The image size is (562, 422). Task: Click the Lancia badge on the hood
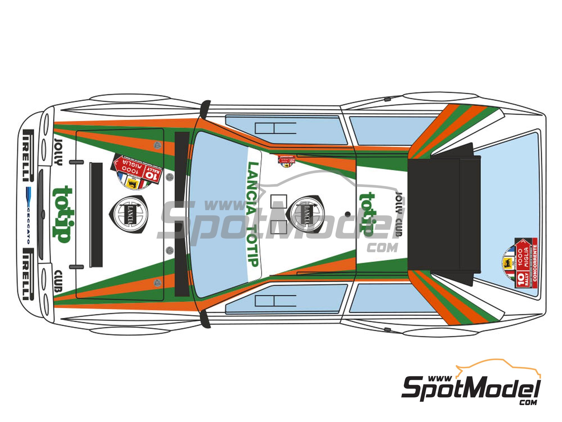(130, 214)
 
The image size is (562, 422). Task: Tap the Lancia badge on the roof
(306, 214)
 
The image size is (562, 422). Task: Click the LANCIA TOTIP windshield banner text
(253, 214)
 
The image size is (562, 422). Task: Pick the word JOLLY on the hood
(58, 152)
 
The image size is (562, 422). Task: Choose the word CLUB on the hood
(58, 281)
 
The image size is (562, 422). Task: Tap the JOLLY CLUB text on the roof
(399, 214)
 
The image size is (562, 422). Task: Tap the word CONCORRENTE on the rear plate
(535, 263)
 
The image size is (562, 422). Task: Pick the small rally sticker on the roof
(287, 160)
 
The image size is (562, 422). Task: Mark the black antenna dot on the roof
(348, 214)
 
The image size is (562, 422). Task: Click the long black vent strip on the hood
(96, 215)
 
